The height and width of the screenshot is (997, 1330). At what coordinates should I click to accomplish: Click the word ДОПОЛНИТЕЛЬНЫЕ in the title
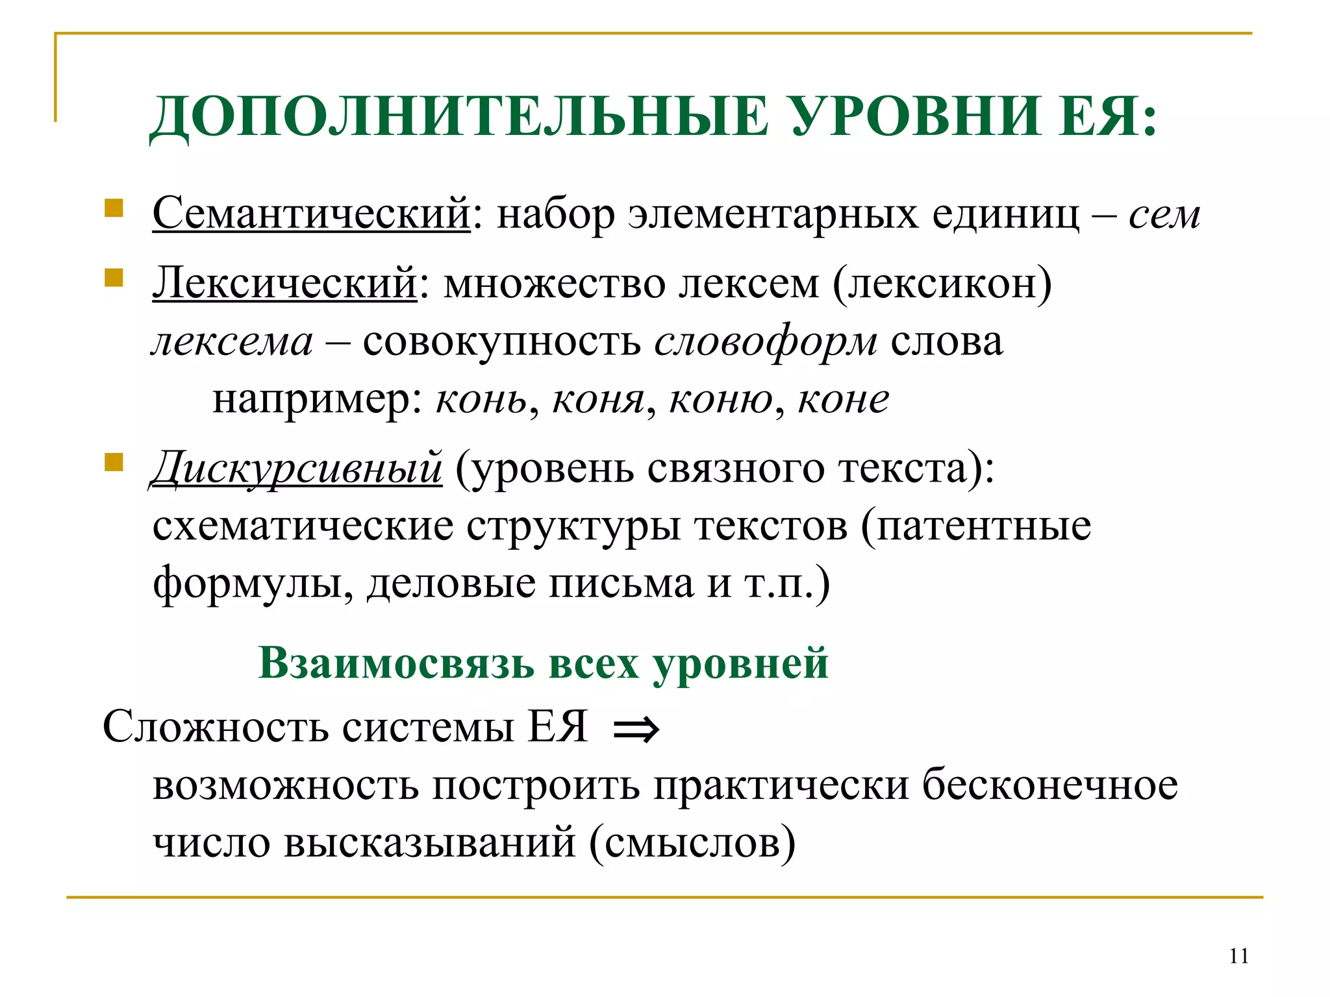pos(459,117)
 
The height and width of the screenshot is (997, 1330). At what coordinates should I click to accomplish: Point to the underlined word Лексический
pos(284,283)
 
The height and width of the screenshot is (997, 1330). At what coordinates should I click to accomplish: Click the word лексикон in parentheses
pos(942,283)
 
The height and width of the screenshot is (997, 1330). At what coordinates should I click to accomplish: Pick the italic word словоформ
pos(766,341)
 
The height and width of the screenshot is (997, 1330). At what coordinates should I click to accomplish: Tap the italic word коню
pos(721,399)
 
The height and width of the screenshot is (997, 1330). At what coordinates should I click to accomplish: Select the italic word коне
pos(843,399)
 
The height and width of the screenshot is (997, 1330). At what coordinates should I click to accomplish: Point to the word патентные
pos(983,526)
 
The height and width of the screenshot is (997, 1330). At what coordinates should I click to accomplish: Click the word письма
pos(621,583)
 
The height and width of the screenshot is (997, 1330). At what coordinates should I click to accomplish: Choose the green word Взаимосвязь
pos(397,663)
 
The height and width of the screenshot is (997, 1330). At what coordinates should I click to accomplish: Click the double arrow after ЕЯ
pos(636,730)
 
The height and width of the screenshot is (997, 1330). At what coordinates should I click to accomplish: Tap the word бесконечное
pos(1050,785)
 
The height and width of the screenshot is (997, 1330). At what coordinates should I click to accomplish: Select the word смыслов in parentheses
pos(692,843)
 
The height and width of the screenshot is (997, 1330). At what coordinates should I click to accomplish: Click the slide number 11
pos(1238,956)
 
